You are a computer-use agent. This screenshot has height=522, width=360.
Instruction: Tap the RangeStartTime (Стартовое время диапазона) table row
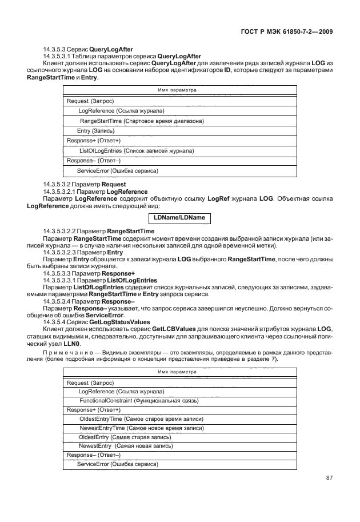(142, 121)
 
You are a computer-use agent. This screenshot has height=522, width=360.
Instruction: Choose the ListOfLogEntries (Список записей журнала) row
(136, 151)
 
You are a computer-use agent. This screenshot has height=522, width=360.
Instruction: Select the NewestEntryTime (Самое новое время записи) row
(142, 428)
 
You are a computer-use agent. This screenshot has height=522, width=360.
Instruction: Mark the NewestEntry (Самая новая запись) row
(126, 445)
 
